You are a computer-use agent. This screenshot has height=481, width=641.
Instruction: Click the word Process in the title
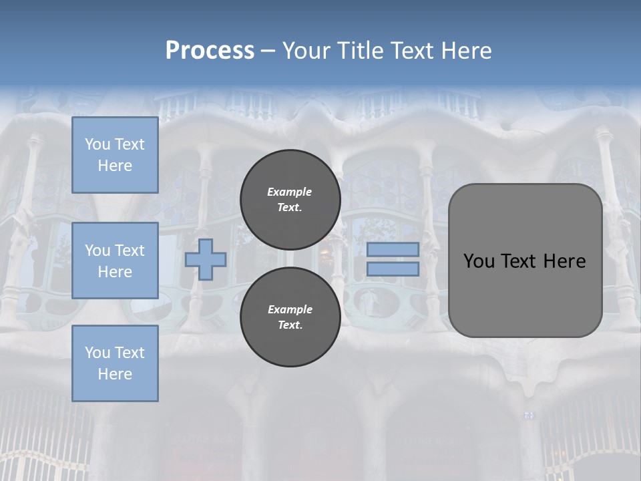210,51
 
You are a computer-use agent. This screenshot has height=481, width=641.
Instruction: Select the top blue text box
115,155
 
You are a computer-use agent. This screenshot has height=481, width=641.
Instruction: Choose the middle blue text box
115,261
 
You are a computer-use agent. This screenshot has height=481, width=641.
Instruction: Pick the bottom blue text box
115,363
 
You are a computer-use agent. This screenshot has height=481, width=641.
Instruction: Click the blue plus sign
206,259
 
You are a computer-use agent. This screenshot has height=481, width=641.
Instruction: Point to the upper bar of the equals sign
393,250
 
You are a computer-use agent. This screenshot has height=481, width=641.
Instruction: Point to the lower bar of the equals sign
393,269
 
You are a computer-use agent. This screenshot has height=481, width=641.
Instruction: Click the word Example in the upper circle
290,192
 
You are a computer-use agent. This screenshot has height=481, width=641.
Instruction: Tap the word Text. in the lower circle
290,325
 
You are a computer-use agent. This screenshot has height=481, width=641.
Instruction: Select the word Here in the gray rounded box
564,261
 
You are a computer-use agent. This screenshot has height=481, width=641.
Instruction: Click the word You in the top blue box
97,144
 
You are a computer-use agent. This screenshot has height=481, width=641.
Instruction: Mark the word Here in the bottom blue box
115,374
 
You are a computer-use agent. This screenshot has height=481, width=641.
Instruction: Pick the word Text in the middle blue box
130,251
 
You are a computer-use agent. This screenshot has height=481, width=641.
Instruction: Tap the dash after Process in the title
268,51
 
